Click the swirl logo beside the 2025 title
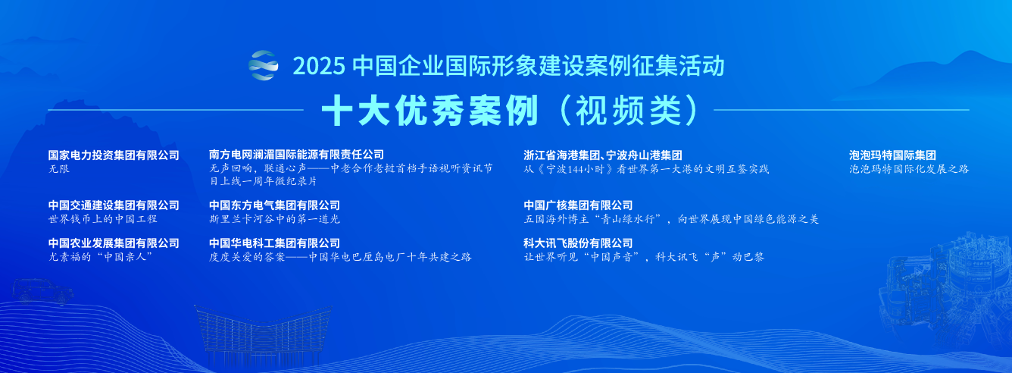pyautogui.click(x=264, y=65)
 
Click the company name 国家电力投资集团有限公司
pyautogui.click(x=114, y=155)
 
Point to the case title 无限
pyautogui.click(x=58, y=169)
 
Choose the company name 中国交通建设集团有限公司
pyautogui.click(x=114, y=205)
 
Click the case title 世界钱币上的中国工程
pyautogui.click(x=102, y=219)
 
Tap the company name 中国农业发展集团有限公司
pyautogui.click(x=114, y=243)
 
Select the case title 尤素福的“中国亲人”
pyautogui.click(x=101, y=257)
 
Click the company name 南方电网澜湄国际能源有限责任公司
pyautogui.click(x=297, y=155)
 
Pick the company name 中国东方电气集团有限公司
pyautogui.click(x=274, y=205)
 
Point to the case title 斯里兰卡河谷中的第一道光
pyautogui.click(x=274, y=219)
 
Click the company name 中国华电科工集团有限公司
pyautogui.click(x=274, y=243)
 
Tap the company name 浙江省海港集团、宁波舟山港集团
pyautogui.click(x=603, y=155)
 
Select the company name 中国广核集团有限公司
pyautogui.click(x=578, y=205)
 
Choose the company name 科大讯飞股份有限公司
pyautogui.click(x=578, y=243)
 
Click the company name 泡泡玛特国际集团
pyautogui.click(x=892, y=155)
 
